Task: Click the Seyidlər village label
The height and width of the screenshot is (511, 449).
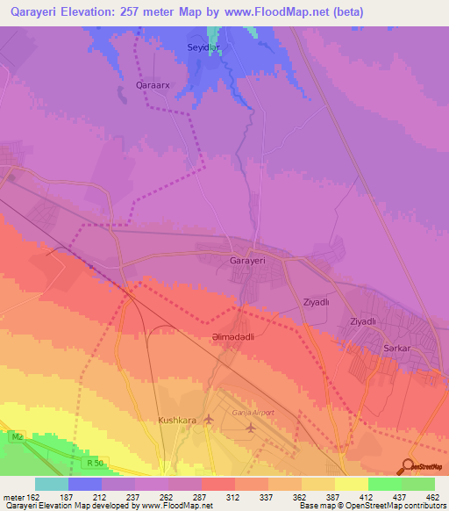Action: pyautogui.click(x=203, y=47)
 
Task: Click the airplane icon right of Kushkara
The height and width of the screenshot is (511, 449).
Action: pyautogui.click(x=209, y=420)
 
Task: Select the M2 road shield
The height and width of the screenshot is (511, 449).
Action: pyautogui.click(x=17, y=435)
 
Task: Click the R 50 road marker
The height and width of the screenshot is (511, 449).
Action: pyautogui.click(x=96, y=462)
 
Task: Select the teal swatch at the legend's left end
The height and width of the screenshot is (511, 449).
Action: pyautogui.click(x=52, y=484)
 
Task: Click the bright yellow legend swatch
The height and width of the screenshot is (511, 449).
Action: pyautogui.click(x=351, y=484)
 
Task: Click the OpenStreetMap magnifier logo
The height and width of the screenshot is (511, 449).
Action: pyautogui.click(x=406, y=465)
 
